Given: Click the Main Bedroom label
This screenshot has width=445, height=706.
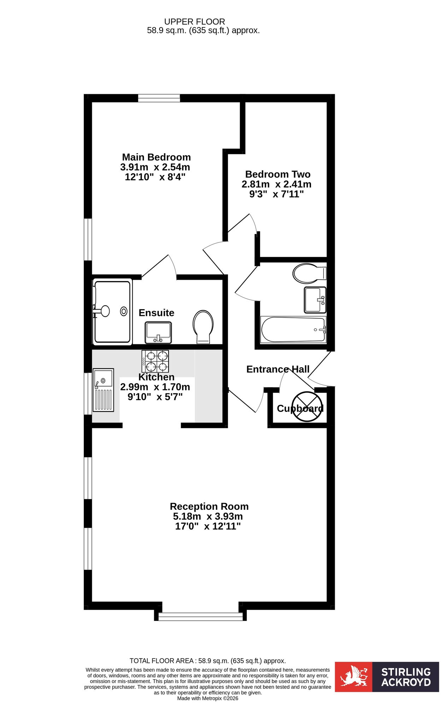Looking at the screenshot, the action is (x=156, y=157).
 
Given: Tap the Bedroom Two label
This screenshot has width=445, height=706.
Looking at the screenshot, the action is (x=278, y=174).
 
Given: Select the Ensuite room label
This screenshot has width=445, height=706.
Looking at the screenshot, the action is (x=156, y=313).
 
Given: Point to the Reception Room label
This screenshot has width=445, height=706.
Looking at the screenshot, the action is (x=209, y=507).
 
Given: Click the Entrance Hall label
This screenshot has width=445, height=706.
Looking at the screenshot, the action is (x=278, y=369).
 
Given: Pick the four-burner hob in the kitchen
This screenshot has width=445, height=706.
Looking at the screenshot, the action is (x=155, y=361).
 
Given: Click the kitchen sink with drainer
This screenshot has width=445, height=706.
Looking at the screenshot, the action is (x=103, y=390).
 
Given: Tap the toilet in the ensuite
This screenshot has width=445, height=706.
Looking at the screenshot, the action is (x=203, y=327).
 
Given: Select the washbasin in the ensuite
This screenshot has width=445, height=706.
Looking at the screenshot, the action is (x=158, y=333).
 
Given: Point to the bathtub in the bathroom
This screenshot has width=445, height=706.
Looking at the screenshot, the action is (x=293, y=330).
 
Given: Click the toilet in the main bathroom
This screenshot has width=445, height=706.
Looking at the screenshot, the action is (x=310, y=273).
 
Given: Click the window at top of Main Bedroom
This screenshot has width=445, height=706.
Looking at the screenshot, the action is (x=159, y=98).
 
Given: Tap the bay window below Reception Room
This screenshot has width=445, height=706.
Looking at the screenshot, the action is (x=200, y=616).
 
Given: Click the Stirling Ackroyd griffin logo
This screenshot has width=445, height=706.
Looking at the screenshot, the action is (x=353, y=676).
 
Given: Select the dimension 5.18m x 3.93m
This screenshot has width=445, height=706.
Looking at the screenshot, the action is (x=208, y=516).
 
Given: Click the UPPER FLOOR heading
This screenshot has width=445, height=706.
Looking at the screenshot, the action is (x=194, y=22).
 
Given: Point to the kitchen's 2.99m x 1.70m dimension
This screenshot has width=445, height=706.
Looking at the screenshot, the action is (x=155, y=387).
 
